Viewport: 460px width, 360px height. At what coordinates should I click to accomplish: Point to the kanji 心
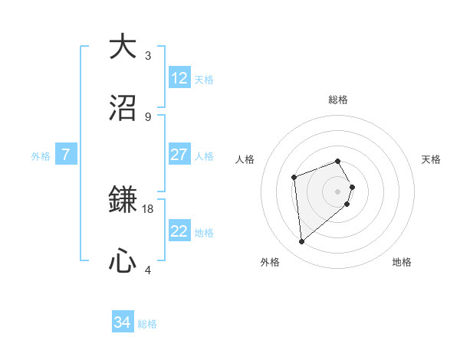click(x=123, y=261)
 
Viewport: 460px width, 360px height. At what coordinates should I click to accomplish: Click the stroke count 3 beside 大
click(x=148, y=55)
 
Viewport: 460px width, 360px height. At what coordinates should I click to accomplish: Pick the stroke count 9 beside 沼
click(x=148, y=116)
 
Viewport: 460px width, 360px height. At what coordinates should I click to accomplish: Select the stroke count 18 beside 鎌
click(x=148, y=208)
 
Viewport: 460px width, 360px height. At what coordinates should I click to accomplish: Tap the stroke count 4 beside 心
click(x=148, y=270)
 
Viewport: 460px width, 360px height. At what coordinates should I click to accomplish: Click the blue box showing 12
click(x=179, y=78)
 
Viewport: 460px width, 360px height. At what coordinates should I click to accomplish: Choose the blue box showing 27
click(x=179, y=155)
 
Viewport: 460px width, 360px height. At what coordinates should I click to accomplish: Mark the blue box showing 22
click(x=179, y=231)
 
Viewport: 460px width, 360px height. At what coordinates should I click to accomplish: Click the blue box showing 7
click(x=66, y=155)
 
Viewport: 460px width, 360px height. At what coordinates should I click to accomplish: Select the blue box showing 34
click(x=123, y=323)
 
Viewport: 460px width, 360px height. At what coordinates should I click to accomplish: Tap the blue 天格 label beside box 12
click(x=204, y=79)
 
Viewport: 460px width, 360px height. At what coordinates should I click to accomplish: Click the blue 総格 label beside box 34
click(x=147, y=324)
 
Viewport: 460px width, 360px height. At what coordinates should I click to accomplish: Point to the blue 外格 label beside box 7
click(x=41, y=155)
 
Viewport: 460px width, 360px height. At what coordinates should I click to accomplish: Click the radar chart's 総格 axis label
click(x=338, y=100)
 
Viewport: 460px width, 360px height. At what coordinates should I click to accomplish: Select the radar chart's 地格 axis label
click(x=402, y=262)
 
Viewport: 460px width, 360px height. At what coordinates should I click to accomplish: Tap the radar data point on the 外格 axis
click(x=302, y=242)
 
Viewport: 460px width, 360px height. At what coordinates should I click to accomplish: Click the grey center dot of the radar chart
click(x=338, y=191)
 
